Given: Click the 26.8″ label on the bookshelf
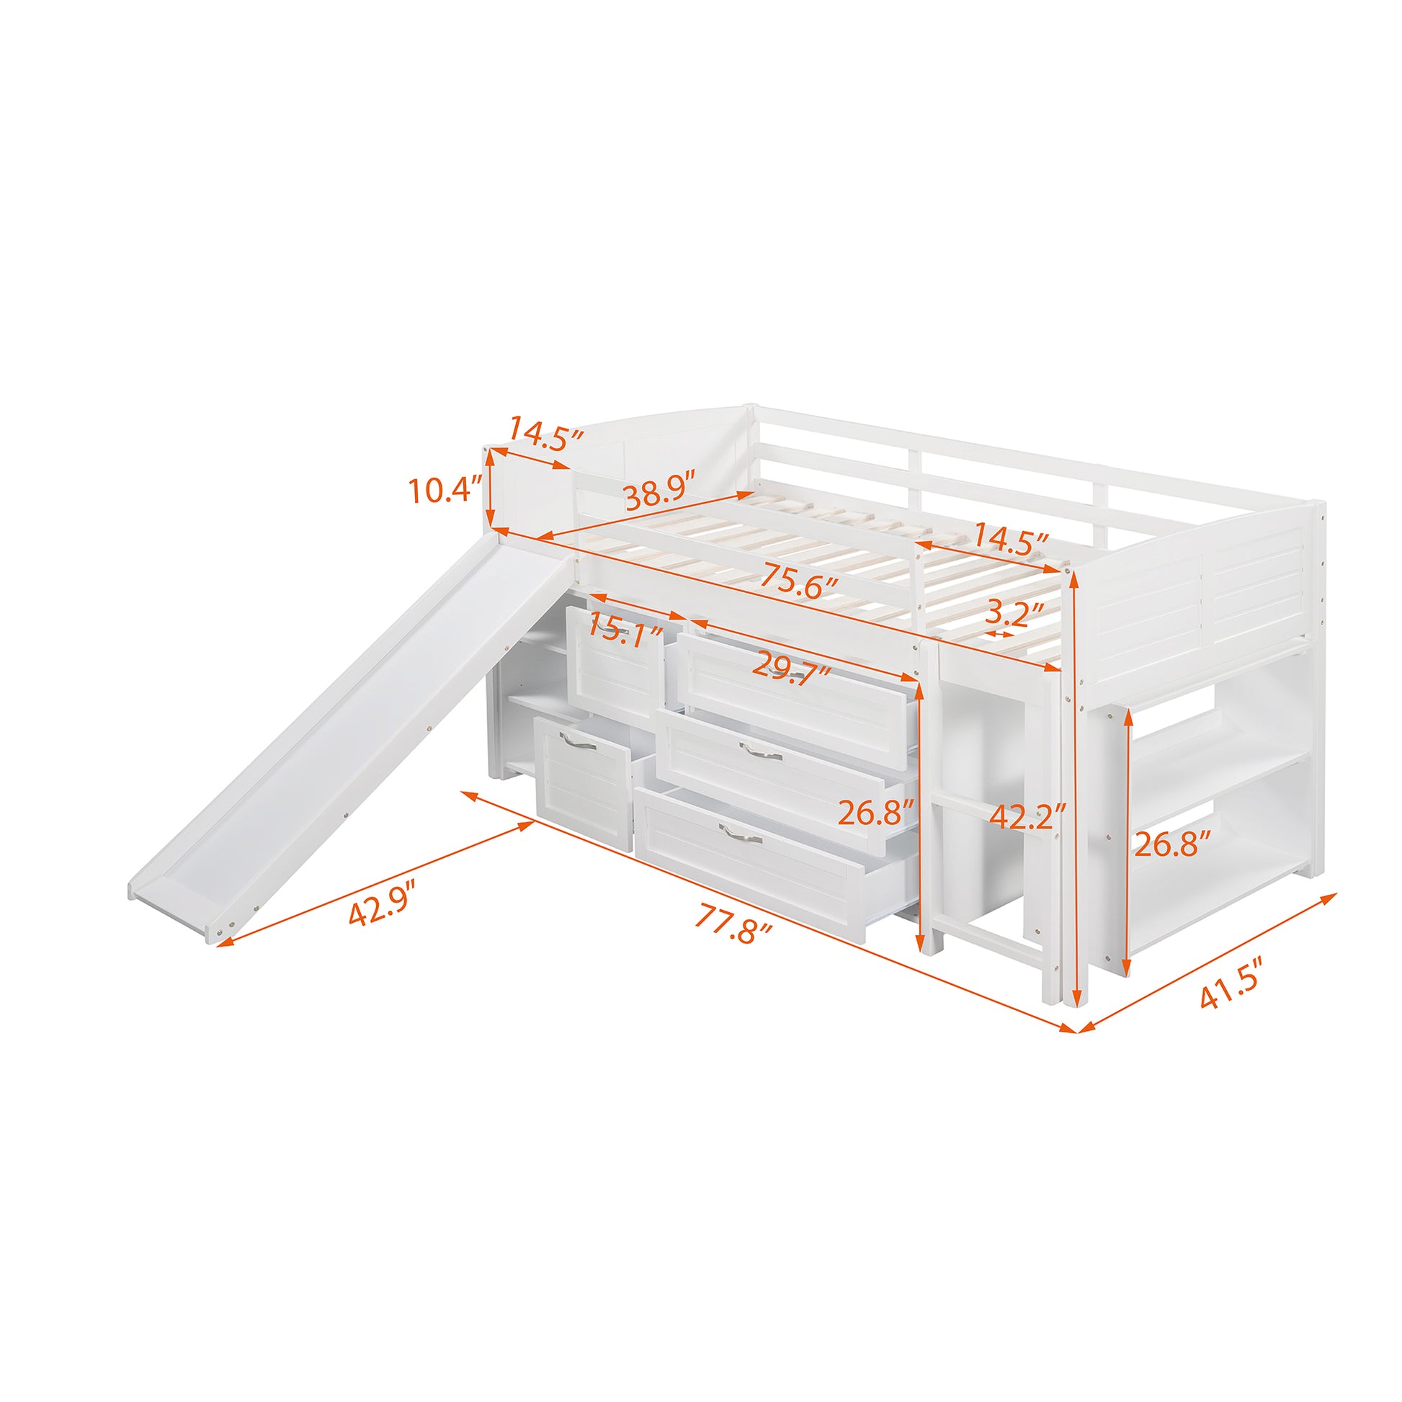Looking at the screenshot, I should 1173,844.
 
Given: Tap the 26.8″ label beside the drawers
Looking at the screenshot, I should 875,813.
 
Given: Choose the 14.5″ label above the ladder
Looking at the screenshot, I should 1010,540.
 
